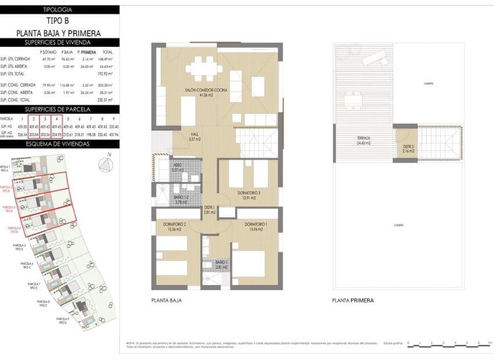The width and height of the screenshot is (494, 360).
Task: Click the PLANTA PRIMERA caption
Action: [x=353, y=301]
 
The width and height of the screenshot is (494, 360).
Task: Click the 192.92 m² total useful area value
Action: [x=108, y=74]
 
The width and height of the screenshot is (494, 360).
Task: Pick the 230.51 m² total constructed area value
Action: [x=108, y=99]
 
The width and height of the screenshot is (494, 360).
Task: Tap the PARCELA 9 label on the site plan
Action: [x=63, y=321]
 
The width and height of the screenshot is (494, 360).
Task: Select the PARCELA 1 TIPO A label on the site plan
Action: [x=6, y=169]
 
